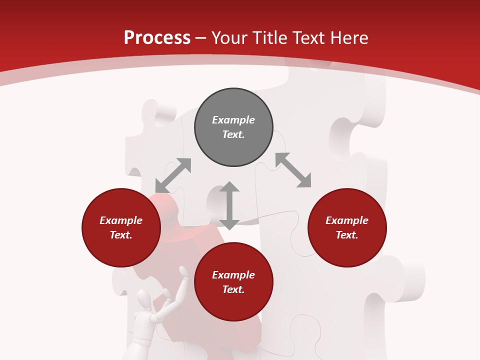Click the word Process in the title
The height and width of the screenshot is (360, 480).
[x=157, y=38]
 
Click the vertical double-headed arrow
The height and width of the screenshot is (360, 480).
[x=229, y=205]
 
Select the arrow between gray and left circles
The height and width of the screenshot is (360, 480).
[x=173, y=175]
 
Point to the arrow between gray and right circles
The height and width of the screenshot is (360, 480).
[x=293, y=170]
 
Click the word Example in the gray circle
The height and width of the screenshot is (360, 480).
[x=233, y=120]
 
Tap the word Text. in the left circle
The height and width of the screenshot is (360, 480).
[x=121, y=235]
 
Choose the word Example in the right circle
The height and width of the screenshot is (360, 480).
[x=347, y=220]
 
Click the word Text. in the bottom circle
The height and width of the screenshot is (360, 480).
[x=233, y=289]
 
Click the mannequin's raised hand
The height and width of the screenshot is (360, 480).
[x=184, y=272]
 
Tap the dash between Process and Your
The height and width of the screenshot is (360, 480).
[x=201, y=38]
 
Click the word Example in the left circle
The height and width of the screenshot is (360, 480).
[x=121, y=220]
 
